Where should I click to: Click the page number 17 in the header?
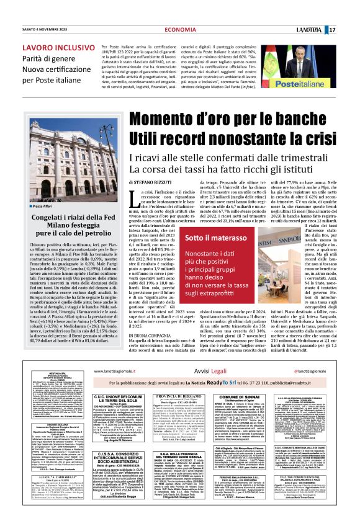pos(349,12)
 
